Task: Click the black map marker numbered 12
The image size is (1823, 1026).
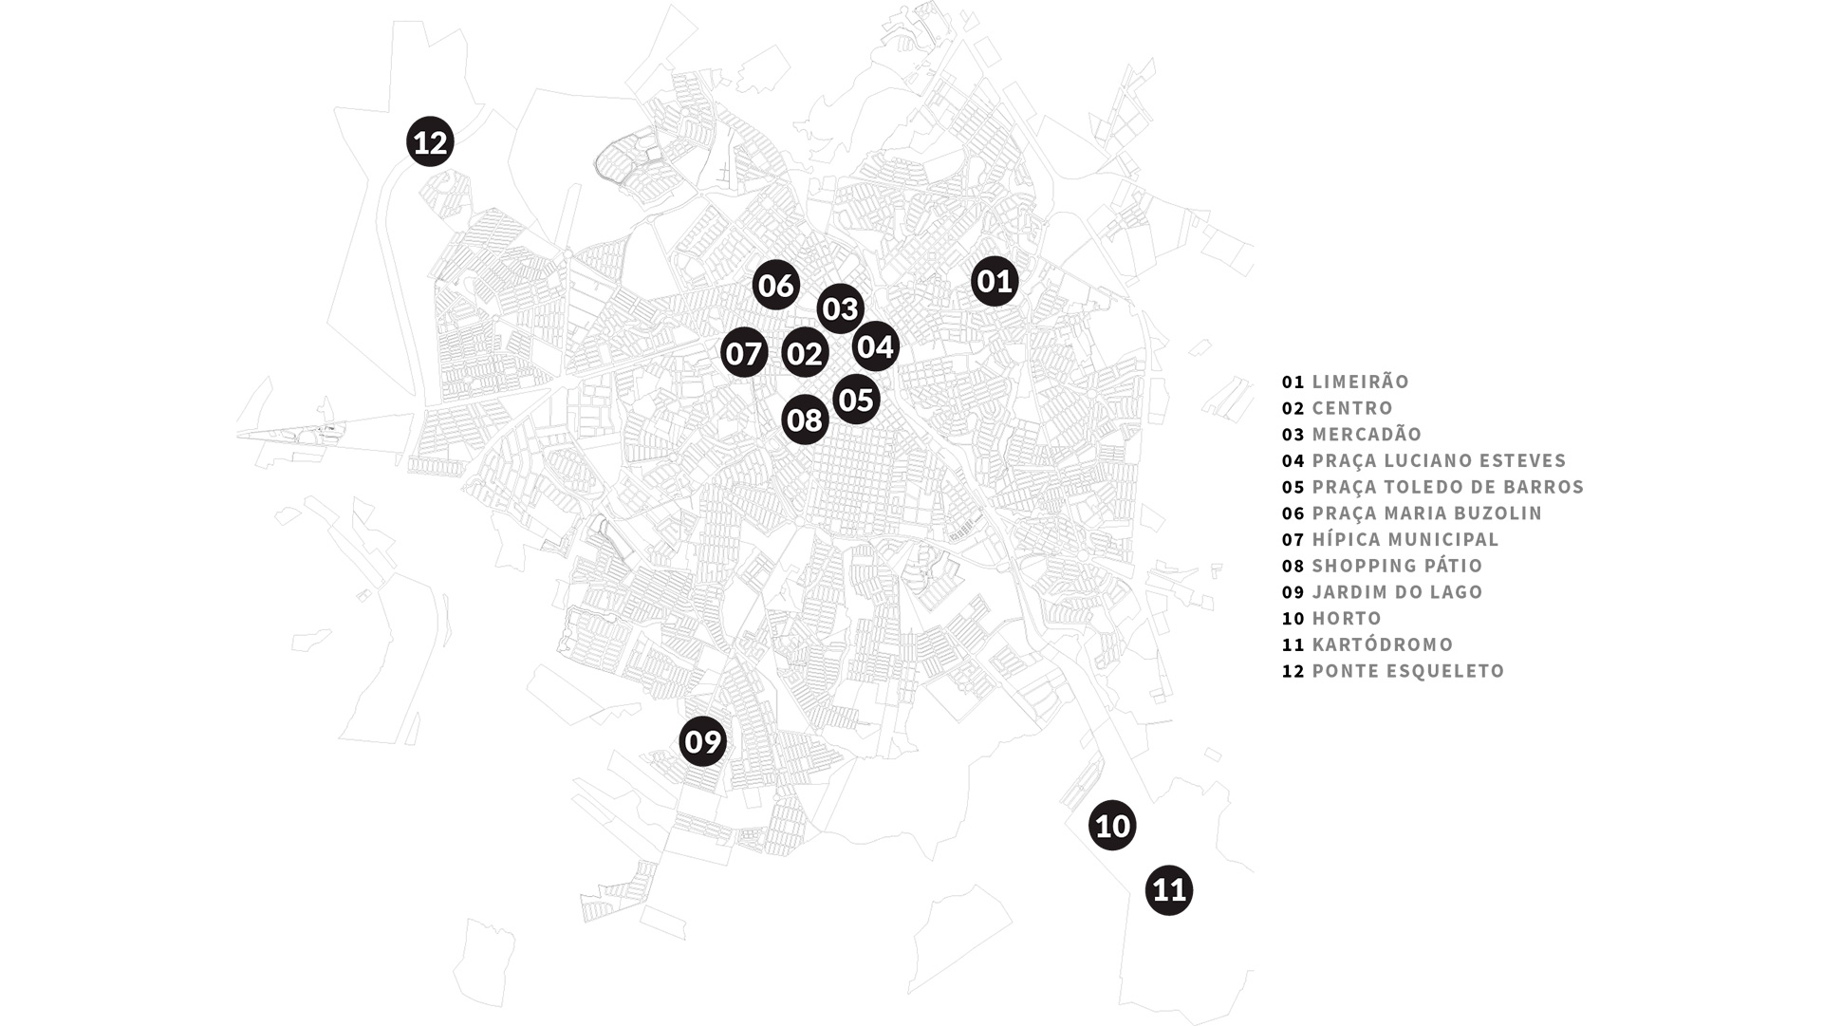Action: pos(430,141)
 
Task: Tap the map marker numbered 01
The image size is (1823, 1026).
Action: pos(995,281)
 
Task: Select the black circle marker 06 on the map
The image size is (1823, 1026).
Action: pos(775,285)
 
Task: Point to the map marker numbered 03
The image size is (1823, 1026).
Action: pos(840,308)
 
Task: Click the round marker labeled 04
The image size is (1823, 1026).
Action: pos(875,346)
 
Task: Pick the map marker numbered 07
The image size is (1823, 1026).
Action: pos(743,353)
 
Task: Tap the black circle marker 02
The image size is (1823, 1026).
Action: pos(805,353)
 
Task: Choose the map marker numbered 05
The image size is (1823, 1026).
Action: pos(856,400)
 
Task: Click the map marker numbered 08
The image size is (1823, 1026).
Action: pos(805,420)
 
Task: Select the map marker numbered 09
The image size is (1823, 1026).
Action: pos(703,741)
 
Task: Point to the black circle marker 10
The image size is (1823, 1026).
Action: pos(1112,826)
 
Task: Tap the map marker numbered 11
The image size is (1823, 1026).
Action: pos(1168,890)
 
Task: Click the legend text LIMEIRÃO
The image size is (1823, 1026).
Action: pos(1361,381)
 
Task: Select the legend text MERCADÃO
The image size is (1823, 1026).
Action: pos(1367,434)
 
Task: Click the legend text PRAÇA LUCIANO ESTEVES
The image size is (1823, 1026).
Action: pos(1439,460)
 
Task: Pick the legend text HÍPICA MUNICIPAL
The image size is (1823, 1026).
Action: pos(1405,539)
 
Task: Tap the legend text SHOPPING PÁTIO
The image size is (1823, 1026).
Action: pos(1397,566)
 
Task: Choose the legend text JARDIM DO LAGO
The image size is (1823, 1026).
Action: pos(1397,592)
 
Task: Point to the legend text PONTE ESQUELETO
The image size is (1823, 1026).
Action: pos(1408,671)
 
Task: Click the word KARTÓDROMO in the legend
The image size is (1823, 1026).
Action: pos(1383,644)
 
